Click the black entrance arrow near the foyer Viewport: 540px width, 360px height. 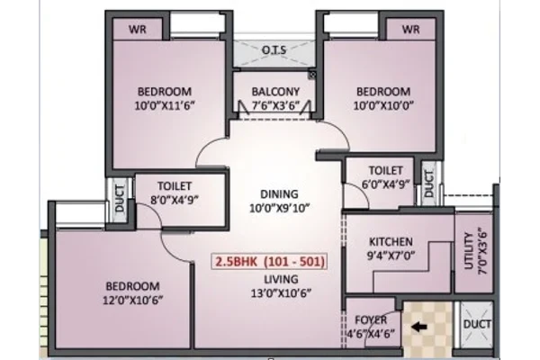(419, 327)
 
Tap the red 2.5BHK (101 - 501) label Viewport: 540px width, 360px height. (270, 262)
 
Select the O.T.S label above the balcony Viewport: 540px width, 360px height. (274, 50)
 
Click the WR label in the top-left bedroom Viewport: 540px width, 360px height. (138, 30)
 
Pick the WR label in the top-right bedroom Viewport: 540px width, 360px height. (410, 30)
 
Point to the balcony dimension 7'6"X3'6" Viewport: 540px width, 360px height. (276, 105)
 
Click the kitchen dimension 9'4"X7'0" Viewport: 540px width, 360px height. (391, 256)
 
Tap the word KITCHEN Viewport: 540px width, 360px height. (391, 241)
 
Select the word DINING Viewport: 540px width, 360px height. (279, 194)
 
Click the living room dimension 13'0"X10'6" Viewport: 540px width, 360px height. (282, 293)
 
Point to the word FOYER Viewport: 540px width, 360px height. (371, 320)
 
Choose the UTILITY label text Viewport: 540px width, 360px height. (469, 250)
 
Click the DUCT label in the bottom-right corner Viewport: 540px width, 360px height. (477, 324)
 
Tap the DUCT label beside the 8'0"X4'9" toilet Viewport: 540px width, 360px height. (120, 198)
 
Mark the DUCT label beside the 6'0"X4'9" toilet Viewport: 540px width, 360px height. (428, 184)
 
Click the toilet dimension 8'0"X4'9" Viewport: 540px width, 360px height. (175, 200)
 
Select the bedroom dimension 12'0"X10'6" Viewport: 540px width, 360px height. (132, 300)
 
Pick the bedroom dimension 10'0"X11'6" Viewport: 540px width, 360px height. (165, 105)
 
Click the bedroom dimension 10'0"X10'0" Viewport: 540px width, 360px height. (383, 105)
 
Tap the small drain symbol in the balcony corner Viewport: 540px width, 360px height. (312, 75)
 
